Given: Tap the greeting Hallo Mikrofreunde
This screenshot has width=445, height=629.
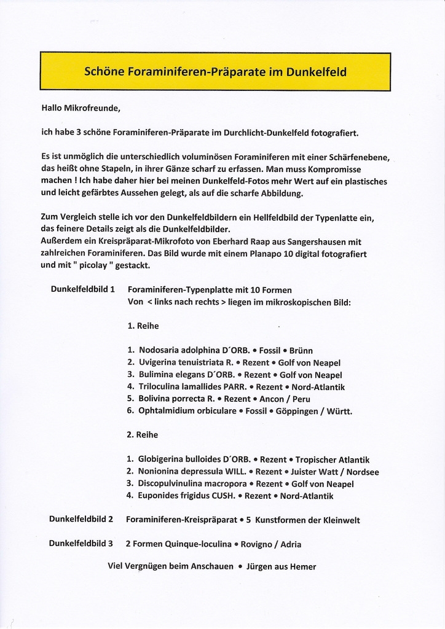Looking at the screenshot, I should (81, 108).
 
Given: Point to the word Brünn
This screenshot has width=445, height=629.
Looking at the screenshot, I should (301, 350).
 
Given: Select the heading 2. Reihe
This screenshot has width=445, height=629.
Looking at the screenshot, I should (143, 435).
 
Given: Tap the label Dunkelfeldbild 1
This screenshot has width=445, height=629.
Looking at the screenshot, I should (82, 289).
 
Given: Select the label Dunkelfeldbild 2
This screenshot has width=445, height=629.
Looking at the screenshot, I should (81, 520).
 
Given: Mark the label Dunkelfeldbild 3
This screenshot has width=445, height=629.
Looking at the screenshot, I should (81, 544).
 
